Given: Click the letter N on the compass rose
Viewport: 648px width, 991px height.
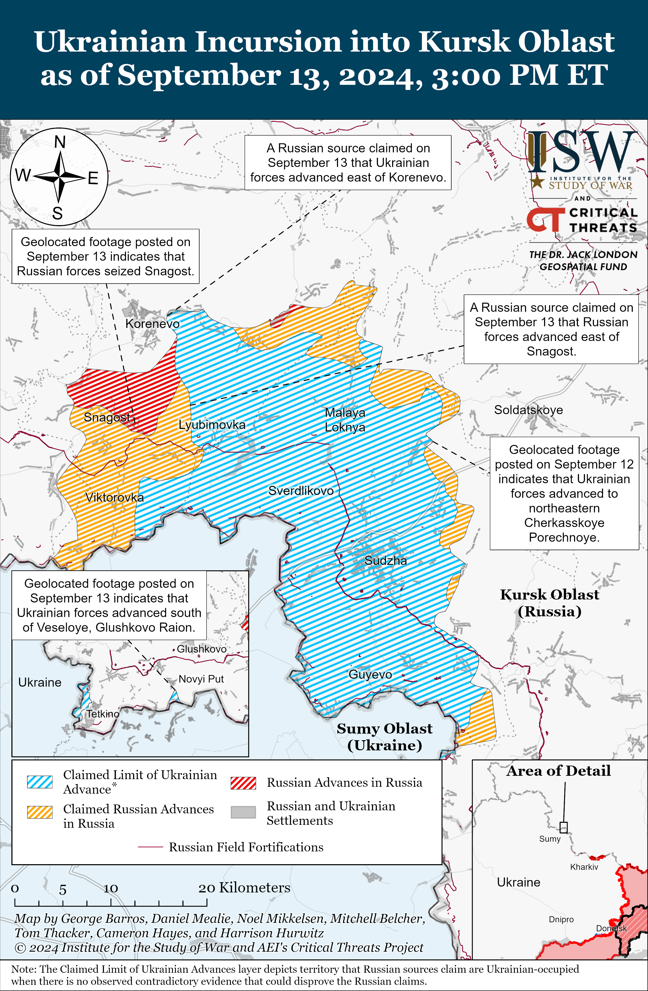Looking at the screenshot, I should pos(60,142).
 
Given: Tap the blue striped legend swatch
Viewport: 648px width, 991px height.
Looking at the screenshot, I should pos(40,782).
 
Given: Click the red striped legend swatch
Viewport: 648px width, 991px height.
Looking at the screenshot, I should pos(243,783).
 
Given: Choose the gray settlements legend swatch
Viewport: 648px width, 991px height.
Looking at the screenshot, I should pos(243,812).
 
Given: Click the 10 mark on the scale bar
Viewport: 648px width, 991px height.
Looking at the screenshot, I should pos(111,889).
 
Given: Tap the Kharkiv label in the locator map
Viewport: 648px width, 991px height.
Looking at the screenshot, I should pos(584,867).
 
